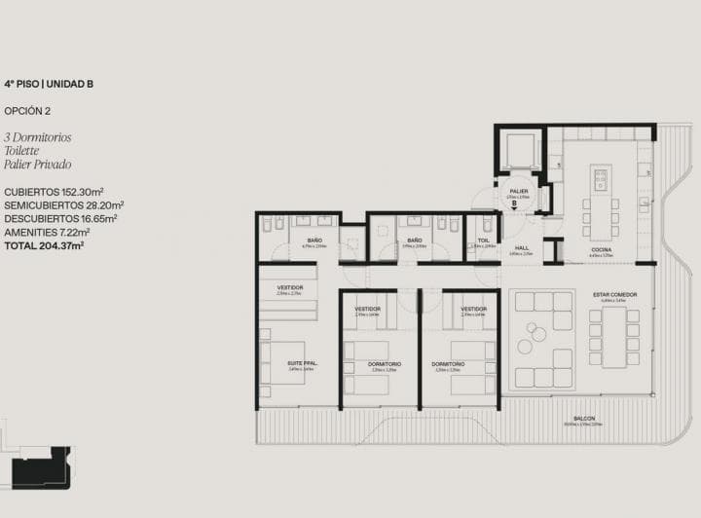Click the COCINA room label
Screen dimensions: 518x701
click(601, 250)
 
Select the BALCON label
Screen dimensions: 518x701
click(584, 419)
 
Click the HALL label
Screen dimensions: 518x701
click(522, 248)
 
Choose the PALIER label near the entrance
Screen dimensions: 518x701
click(518, 191)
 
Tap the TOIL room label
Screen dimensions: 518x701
click(483, 240)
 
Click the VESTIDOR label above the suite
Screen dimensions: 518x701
click(289, 287)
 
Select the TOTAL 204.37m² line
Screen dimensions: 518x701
click(44, 245)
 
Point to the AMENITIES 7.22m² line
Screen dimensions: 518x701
click(47, 232)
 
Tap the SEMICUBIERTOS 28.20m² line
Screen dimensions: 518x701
click(63, 205)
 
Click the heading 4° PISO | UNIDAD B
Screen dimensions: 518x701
click(49, 85)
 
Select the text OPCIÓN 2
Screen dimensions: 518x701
click(26, 111)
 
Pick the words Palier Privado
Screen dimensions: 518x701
click(37, 165)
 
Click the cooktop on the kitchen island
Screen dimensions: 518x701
click(600, 179)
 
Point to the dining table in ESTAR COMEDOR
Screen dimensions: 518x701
click(613, 337)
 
